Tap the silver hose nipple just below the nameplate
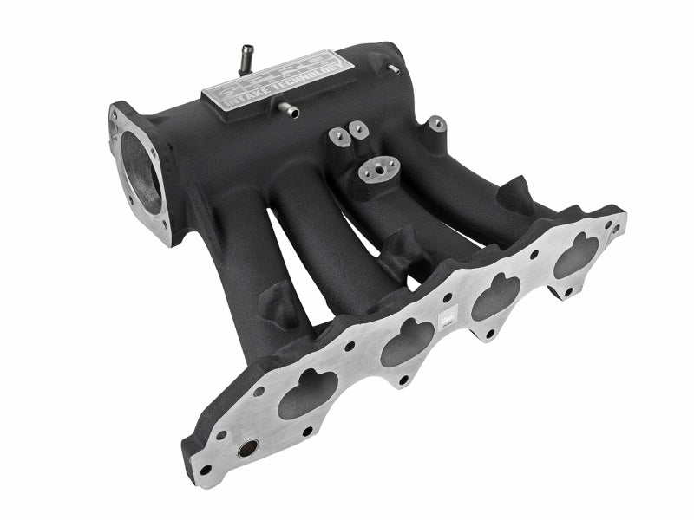(x=287, y=110)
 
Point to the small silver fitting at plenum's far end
(x=393, y=67)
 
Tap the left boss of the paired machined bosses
(x=339, y=136)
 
